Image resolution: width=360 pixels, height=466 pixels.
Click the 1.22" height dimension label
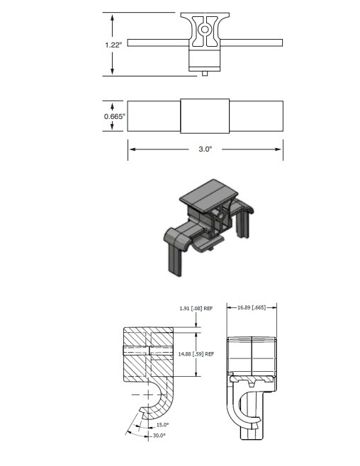113,45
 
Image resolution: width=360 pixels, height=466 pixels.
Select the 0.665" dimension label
115,116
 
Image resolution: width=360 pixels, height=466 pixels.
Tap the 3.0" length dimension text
206,149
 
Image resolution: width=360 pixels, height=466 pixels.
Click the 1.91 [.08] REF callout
196,309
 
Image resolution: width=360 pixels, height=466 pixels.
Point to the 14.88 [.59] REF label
196,354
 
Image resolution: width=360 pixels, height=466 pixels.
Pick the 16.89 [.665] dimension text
252,307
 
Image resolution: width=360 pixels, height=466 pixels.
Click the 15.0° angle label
162,425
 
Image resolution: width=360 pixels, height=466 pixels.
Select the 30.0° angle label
159,436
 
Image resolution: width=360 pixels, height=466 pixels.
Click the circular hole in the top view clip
205,30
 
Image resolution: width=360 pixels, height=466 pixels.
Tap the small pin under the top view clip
205,74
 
